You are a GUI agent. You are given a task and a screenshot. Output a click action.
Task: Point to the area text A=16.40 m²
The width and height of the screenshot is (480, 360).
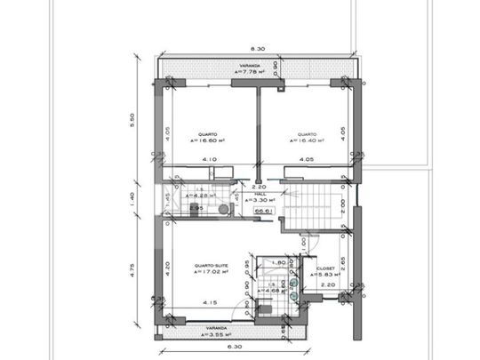[x=307, y=140]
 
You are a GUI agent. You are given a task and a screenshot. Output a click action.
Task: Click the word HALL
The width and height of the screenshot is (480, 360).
[x=260, y=192]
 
